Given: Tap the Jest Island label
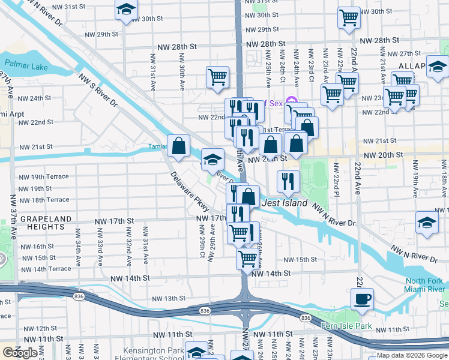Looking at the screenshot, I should click(x=285, y=203).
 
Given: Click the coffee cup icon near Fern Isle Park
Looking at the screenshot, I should click(x=361, y=298).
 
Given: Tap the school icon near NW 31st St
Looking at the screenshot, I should click(x=126, y=10).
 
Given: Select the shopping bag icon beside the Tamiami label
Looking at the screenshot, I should click(x=179, y=145).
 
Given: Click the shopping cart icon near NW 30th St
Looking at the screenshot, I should click(x=349, y=17).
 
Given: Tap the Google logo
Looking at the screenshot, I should click(x=20, y=353).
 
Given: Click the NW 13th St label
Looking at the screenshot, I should click(x=169, y=298).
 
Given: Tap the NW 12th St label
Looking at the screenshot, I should click(x=46, y=328).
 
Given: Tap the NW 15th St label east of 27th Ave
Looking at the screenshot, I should click(x=300, y=259).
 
